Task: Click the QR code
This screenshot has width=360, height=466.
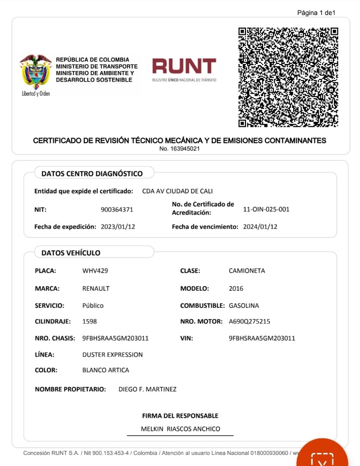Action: (x=288, y=77)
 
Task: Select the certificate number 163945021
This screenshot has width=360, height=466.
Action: (x=179, y=149)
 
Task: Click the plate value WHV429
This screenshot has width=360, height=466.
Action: (x=95, y=271)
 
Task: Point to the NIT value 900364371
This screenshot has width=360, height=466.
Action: (x=117, y=210)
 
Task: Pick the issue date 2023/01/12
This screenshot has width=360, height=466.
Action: (x=118, y=227)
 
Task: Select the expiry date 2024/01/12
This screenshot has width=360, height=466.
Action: (x=260, y=227)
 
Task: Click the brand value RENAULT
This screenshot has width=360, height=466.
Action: (x=96, y=289)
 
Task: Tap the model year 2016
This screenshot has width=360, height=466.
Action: (x=236, y=289)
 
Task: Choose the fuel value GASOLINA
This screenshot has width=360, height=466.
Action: (x=244, y=306)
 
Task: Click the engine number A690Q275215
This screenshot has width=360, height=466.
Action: (x=250, y=321)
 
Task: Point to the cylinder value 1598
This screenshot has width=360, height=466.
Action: (x=89, y=321)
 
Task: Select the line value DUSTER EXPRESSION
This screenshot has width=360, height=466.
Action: (x=112, y=355)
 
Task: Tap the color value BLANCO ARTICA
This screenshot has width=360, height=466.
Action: (x=105, y=370)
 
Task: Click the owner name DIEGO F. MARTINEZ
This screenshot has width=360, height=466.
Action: (x=147, y=389)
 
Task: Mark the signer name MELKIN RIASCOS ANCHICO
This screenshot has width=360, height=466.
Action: (x=181, y=429)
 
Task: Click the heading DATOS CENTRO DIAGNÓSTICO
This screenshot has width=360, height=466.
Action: (x=92, y=174)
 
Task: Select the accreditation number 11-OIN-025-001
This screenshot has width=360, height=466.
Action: (x=266, y=209)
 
